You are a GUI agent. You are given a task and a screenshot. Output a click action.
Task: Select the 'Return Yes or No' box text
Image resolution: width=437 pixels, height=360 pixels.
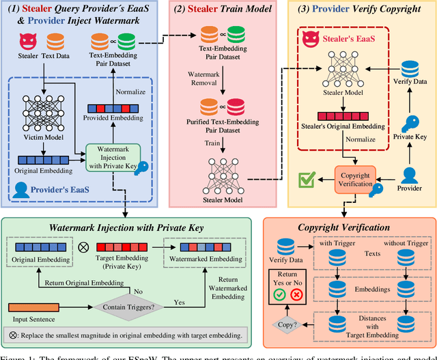pyautogui.click(x=287, y=278)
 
